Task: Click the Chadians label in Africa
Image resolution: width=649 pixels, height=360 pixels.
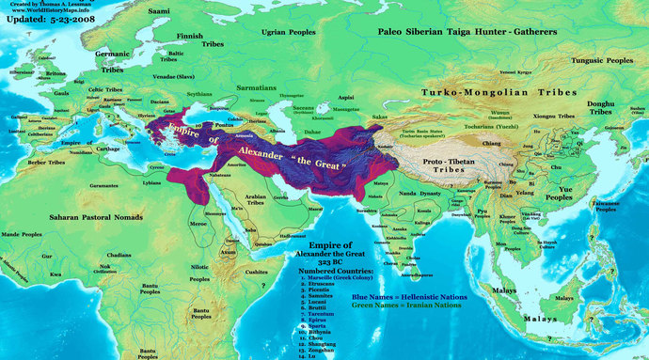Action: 119,254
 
